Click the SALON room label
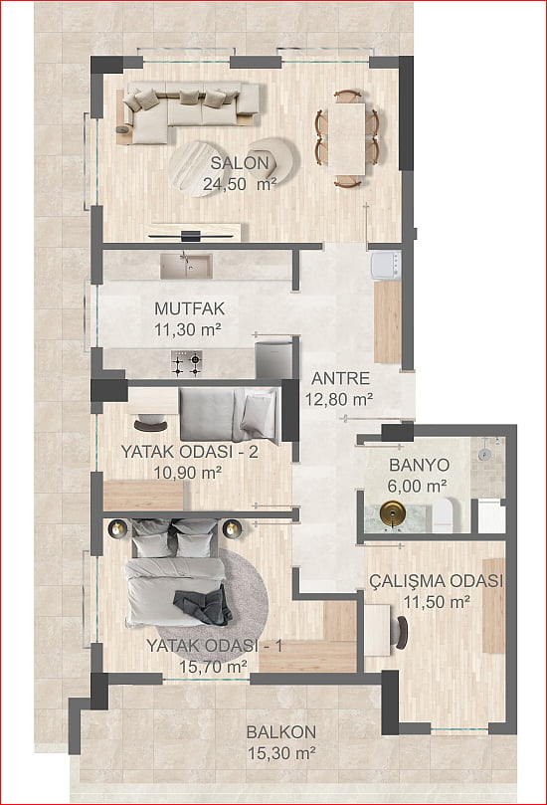pos(240,163)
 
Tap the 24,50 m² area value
pos(240,184)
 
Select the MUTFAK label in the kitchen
pos(190,308)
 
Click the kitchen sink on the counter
pos(186,266)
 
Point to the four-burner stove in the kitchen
pos(186,363)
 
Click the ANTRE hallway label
pos(341,378)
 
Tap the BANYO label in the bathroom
pos(420,465)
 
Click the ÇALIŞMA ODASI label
pos(437,581)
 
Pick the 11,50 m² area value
pos(438,602)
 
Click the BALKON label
pos(281,732)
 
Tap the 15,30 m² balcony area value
pos(281,753)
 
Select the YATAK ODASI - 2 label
pos(189,452)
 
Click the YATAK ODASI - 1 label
pos(215,646)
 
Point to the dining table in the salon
pos(347,138)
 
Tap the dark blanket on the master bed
pos(204,605)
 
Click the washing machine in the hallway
pos(387,266)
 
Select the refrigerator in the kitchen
pos(274,357)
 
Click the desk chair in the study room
pos(401,631)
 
